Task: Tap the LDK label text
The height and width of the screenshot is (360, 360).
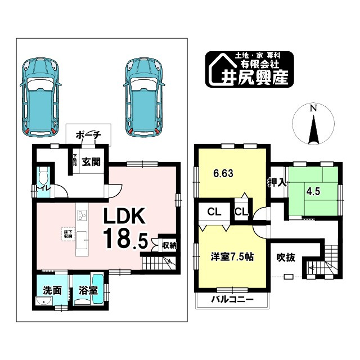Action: coord(124,217)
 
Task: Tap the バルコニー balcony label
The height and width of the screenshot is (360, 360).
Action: coord(232,300)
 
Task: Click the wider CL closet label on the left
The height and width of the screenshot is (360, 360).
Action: coord(214,212)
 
